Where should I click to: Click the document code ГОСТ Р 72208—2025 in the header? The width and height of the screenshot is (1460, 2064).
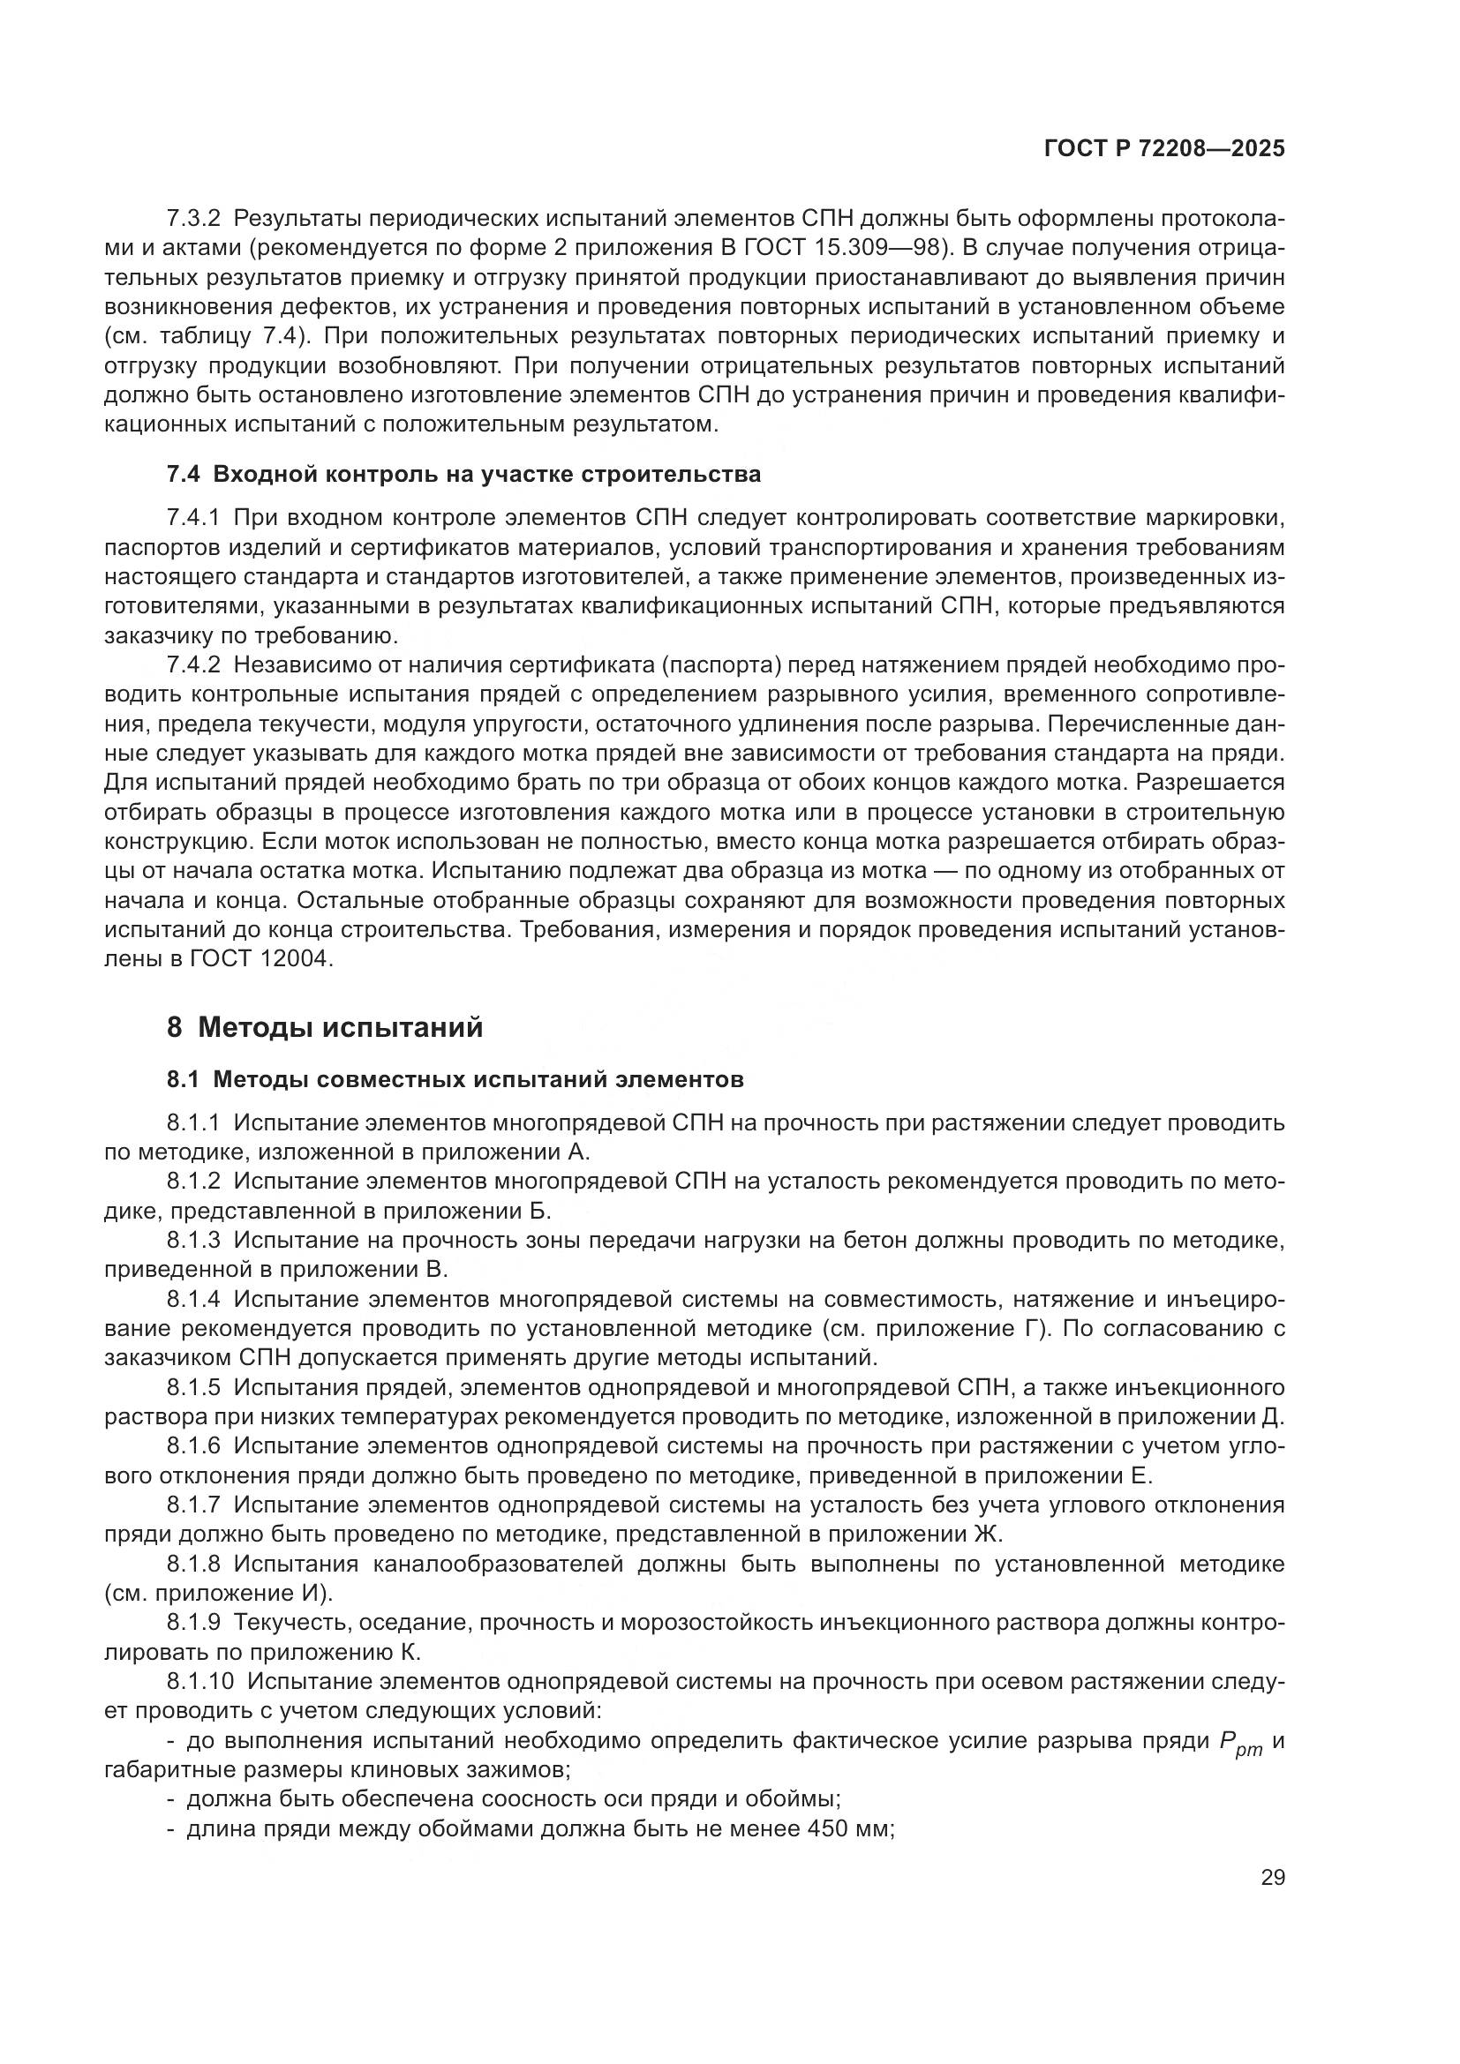click(x=1164, y=149)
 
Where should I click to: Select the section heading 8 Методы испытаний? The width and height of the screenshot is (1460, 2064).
click(x=325, y=1027)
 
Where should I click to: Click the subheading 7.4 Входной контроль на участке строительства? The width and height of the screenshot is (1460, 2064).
click(x=463, y=474)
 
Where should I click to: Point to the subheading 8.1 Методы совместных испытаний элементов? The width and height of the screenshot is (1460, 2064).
click(x=455, y=1079)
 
